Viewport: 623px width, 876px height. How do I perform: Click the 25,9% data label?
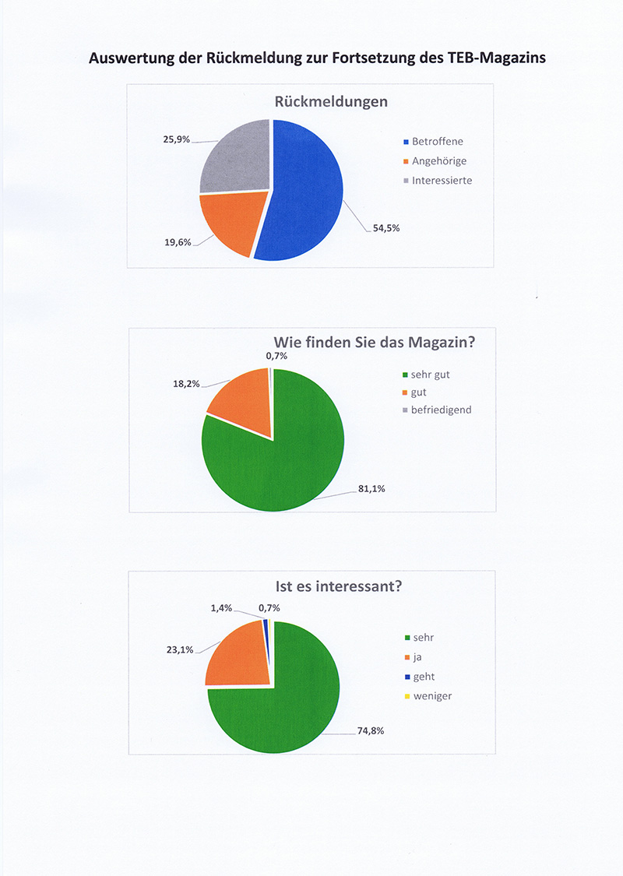pos(176,139)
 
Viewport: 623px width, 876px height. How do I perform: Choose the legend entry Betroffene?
pos(437,142)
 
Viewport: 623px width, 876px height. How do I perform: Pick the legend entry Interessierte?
pos(442,180)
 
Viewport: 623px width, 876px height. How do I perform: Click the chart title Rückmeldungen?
pos(331,102)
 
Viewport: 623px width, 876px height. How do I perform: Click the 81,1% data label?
pos(371,489)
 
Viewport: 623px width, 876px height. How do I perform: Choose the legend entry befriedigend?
pos(441,410)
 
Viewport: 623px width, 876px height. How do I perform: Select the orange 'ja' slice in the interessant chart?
pos(238,654)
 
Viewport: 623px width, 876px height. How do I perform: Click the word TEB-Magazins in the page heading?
pos(485,58)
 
